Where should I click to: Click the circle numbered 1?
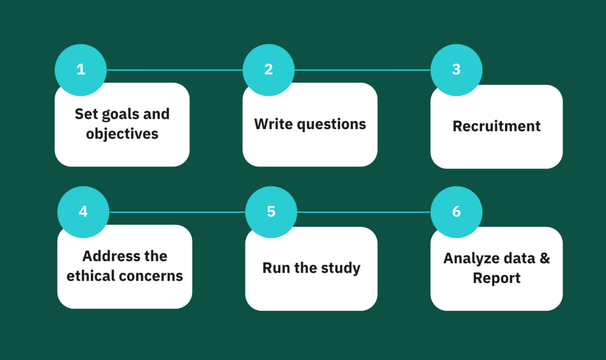pos(80,70)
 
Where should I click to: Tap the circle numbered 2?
pos(269,70)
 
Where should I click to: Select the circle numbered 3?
pos(457,70)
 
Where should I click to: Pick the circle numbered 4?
pos(83,212)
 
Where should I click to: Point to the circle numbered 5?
pos(271,212)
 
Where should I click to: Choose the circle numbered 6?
pos(457,212)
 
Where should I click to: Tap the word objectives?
pos(122,134)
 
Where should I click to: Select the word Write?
pos(273,124)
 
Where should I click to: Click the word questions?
pos(332,125)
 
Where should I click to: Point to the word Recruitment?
pos(496,126)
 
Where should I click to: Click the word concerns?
pos(151,277)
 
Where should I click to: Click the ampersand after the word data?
pos(545,258)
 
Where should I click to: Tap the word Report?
pos(496,278)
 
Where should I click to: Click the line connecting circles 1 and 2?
pos(175,70)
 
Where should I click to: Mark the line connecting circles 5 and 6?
pos(364,212)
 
